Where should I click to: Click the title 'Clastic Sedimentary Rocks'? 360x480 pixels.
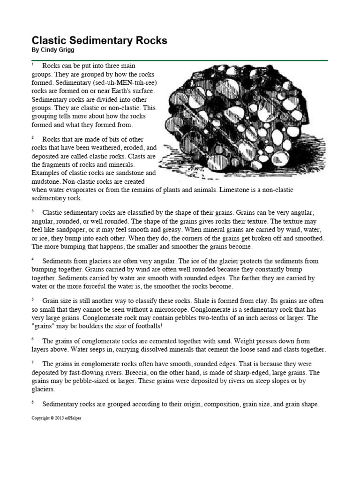coord(99,40)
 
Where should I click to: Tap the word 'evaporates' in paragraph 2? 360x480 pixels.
coord(84,189)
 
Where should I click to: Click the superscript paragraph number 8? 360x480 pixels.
coord(33,402)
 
